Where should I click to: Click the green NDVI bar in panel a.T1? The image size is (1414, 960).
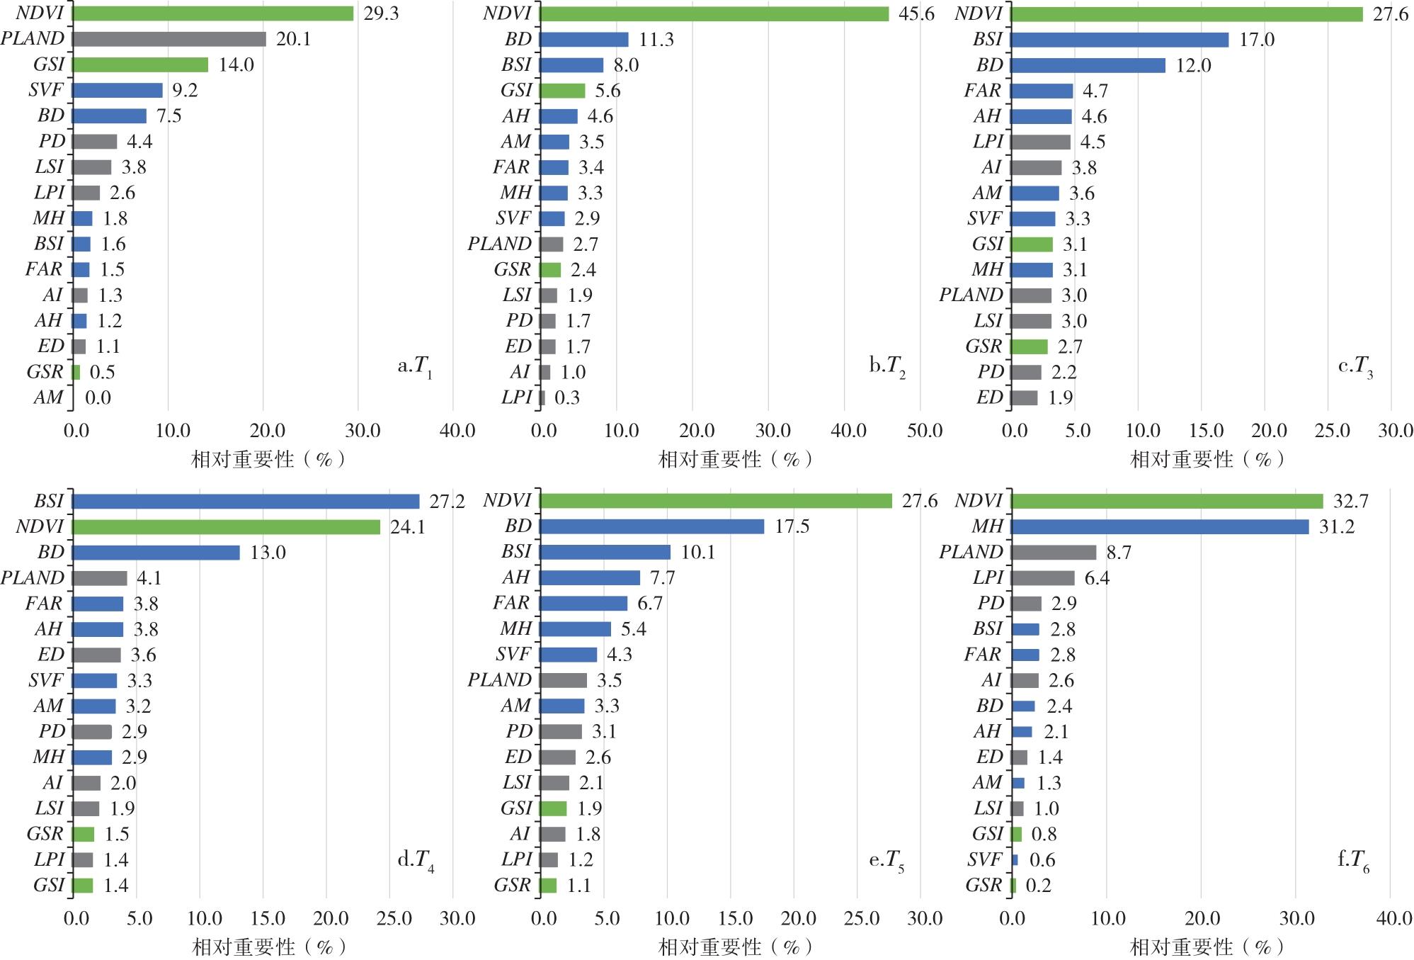point(212,13)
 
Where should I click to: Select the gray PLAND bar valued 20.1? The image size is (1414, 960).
point(169,39)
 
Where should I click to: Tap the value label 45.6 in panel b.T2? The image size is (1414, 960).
point(916,14)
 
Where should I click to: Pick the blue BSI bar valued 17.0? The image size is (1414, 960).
point(1119,40)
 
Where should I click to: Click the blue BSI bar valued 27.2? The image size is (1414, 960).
point(246,502)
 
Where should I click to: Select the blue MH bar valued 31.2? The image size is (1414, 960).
point(1160,526)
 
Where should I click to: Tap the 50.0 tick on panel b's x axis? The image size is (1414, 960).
point(924,431)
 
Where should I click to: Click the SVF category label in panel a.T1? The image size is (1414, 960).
point(46,90)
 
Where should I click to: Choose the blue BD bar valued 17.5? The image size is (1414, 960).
point(651,526)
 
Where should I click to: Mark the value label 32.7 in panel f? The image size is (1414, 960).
point(1350,502)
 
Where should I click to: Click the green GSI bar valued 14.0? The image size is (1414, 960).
point(140,65)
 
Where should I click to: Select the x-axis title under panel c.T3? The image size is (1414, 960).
point(1207,460)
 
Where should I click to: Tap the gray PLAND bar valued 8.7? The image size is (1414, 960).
point(1054,553)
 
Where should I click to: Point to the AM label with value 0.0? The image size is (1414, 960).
point(48,397)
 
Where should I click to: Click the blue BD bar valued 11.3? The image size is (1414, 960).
point(583,40)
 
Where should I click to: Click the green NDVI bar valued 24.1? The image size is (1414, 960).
point(226,527)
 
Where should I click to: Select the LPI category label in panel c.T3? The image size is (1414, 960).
point(988,142)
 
